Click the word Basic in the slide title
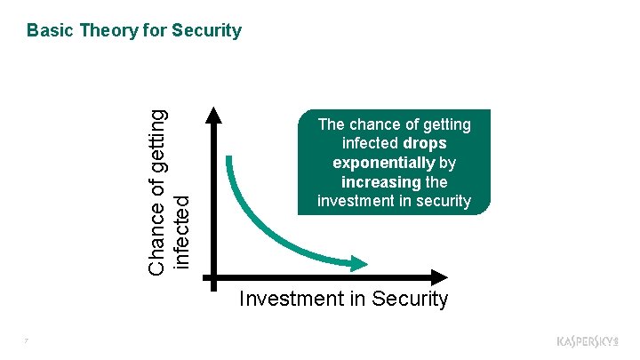[50, 30]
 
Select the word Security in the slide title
[206, 30]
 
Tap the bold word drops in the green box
[424, 142]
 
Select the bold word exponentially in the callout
[384, 162]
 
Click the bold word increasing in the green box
[381, 181]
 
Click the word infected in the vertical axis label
[180, 232]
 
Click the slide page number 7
[28, 340]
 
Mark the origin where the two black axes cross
[213, 276]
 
